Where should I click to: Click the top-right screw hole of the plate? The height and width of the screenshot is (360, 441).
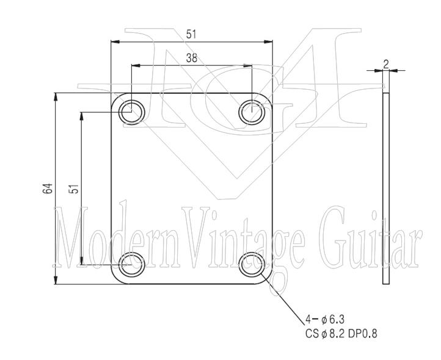pyautogui.click(x=252, y=112)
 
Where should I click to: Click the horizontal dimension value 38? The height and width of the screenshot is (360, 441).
pyautogui.click(x=192, y=59)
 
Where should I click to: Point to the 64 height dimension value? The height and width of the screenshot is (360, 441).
pyautogui.click(x=48, y=189)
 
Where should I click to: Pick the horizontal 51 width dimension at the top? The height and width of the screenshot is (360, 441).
pyautogui.click(x=192, y=35)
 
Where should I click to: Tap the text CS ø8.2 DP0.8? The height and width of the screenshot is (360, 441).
pyautogui.click(x=343, y=334)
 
